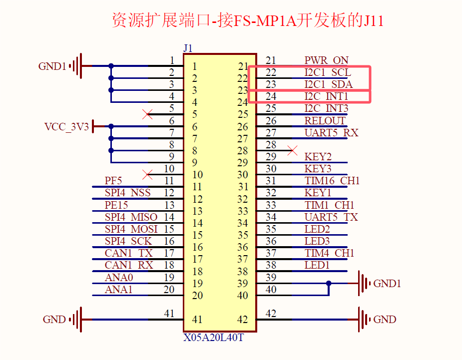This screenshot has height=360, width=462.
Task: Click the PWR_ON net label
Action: tap(327, 60)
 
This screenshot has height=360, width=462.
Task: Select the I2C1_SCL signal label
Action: tap(328, 72)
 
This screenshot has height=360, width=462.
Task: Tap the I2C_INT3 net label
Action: tap(327, 108)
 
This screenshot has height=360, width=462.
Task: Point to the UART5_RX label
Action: tap(331, 133)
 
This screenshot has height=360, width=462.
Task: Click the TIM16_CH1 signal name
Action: tap(332, 181)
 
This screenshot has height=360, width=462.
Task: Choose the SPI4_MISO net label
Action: tap(131, 217)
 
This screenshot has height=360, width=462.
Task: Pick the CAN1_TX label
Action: tap(128, 253)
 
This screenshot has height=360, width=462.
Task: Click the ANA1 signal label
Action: tap(119, 290)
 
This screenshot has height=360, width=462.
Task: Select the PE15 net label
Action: tap(116, 205)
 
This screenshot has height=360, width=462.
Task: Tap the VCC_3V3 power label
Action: tap(66, 127)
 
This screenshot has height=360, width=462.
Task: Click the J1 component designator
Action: tap(188, 48)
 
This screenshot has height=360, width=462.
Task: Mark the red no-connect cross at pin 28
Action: tap(293, 150)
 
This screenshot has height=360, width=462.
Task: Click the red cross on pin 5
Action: tap(147, 114)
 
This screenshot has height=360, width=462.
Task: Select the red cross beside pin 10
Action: tap(147, 174)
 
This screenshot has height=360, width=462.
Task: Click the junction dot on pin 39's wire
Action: tap(329, 284)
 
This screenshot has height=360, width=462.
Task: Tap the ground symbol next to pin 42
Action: tap(363, 320)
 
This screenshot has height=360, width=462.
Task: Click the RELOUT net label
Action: tap(325, 121)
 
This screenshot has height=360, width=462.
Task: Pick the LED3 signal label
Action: tap(317, 241)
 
